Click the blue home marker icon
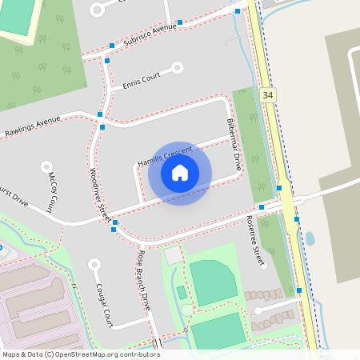coord(180,172)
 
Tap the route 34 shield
coord(267,95)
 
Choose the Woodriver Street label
coord(99,195)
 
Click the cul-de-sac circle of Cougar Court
coord(95,263)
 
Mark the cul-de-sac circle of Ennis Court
coord(179,68)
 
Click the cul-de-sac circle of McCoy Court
coord(45,166)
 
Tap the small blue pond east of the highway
coord(310,238)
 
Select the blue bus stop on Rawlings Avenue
coord(101,115)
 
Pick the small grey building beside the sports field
coord(173,256)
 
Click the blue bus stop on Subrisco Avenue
coord(180,22)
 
